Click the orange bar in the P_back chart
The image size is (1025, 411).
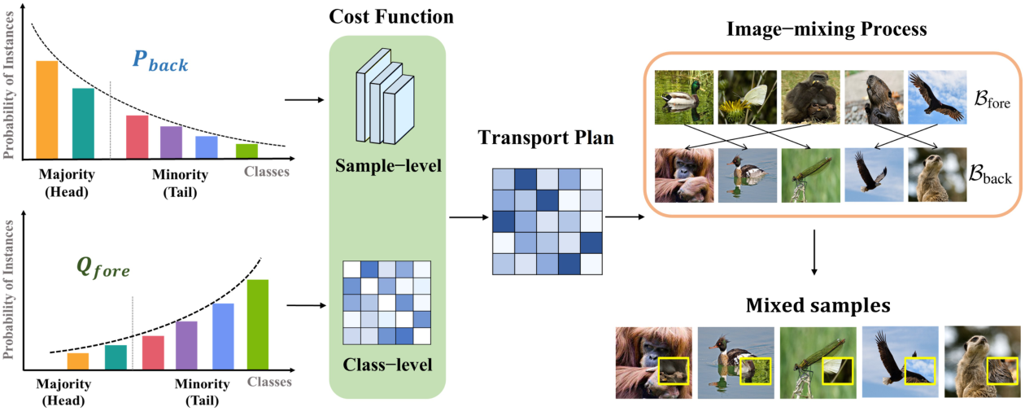pos(46,110)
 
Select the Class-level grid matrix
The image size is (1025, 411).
pos(386,302)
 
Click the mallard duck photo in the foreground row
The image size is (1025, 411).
pos(684,97)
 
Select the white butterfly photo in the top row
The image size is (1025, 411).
pos(747,97)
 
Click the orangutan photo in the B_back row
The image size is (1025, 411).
pos(684,175)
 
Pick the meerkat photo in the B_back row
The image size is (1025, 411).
pos(936,175)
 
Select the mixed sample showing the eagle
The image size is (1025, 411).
pos(900,362)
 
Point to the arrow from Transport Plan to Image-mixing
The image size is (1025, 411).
pos(623,217)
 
